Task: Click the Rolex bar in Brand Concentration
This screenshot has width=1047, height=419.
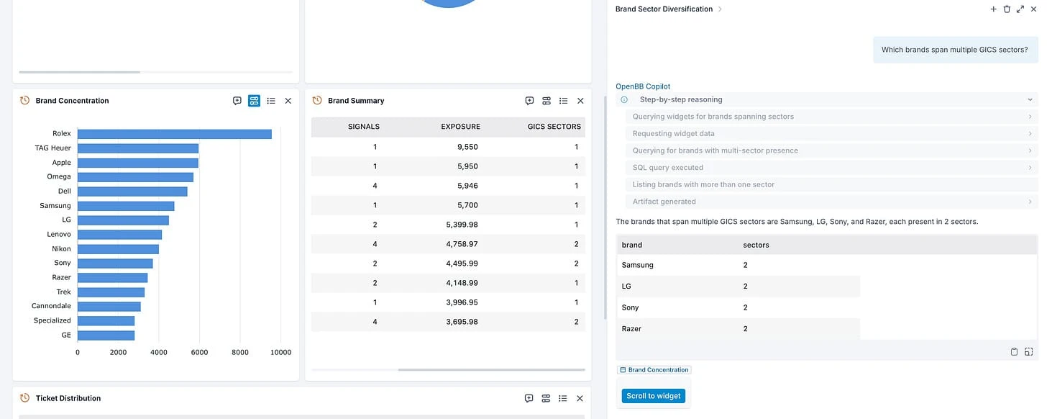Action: click(x=174, y=134)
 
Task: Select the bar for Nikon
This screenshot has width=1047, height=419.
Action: click(x=118, y=249)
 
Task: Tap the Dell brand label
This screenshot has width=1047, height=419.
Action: click(x=64, y=192)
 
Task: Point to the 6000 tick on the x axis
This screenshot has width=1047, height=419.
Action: click(x=199, y=352)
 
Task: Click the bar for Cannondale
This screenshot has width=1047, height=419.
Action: click(x=109, y=307)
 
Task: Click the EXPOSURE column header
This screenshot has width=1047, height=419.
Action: click(x=460, y=127)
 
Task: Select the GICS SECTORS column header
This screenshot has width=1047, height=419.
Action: click(x=554, y=127)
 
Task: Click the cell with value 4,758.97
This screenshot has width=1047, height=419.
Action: click(x=460, y=244)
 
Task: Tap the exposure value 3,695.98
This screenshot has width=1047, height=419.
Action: click(x=460, y=322)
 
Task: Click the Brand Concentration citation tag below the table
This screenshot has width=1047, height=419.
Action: click(x=654, y=370)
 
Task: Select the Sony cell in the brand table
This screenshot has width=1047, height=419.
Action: click(x=631, y=307)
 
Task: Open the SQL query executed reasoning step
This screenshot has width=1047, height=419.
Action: click(x=667, y=168)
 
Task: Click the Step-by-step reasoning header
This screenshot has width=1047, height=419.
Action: click(x=681, y=100)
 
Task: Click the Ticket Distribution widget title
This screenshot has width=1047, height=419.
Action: click(x=68, y=398)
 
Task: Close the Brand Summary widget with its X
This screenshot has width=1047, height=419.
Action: click(x=580, y=101)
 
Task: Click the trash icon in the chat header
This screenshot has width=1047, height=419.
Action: click(x=1007, y=9)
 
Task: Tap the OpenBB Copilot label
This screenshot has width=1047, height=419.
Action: click(x=643, y=86)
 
